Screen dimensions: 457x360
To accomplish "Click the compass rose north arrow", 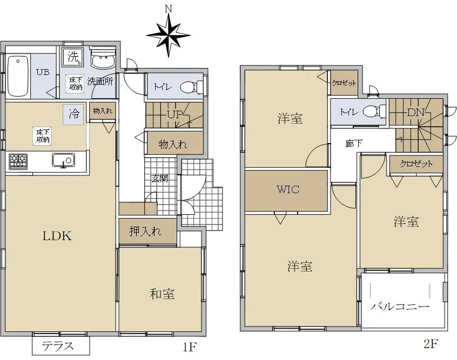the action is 168,35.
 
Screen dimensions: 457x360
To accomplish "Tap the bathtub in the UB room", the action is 18,76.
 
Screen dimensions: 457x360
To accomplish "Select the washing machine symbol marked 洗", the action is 73,56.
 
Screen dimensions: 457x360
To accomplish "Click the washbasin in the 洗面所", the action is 104,60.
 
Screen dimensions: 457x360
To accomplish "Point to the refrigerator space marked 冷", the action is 73,114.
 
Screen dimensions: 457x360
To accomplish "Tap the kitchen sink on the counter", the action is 64,160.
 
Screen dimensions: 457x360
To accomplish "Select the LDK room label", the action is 57,236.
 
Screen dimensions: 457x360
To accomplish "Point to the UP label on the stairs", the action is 174,114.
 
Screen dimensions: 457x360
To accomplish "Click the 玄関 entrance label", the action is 160,178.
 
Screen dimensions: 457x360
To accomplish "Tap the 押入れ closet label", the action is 145,231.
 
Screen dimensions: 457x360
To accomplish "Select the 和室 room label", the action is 163,294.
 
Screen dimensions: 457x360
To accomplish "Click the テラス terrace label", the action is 58,347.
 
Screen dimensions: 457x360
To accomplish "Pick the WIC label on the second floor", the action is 288,189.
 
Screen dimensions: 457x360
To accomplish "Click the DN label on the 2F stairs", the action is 415,112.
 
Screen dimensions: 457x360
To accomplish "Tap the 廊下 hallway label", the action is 354,144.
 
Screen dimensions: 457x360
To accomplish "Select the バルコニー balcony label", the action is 400,307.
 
